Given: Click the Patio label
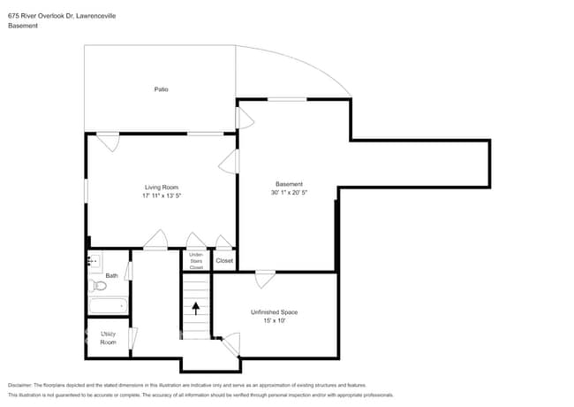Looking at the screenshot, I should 161,89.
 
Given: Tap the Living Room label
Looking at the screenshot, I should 162,187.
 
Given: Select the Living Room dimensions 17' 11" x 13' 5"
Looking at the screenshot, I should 162,196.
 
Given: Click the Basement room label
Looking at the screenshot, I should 289,184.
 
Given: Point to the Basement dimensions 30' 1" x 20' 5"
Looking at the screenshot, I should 289,193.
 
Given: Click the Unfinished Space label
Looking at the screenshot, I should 274,312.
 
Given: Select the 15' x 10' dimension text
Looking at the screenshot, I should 274,321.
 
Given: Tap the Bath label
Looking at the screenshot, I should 111,276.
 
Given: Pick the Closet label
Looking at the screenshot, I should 224,261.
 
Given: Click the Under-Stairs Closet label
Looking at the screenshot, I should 196,261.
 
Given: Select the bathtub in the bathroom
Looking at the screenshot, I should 108,306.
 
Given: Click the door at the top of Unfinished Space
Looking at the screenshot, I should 264,280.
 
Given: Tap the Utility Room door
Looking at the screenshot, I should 132,337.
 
